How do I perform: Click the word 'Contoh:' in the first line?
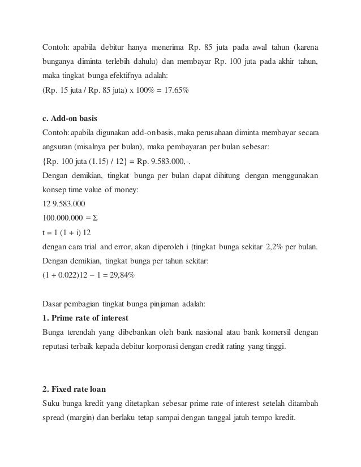[56, 45]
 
